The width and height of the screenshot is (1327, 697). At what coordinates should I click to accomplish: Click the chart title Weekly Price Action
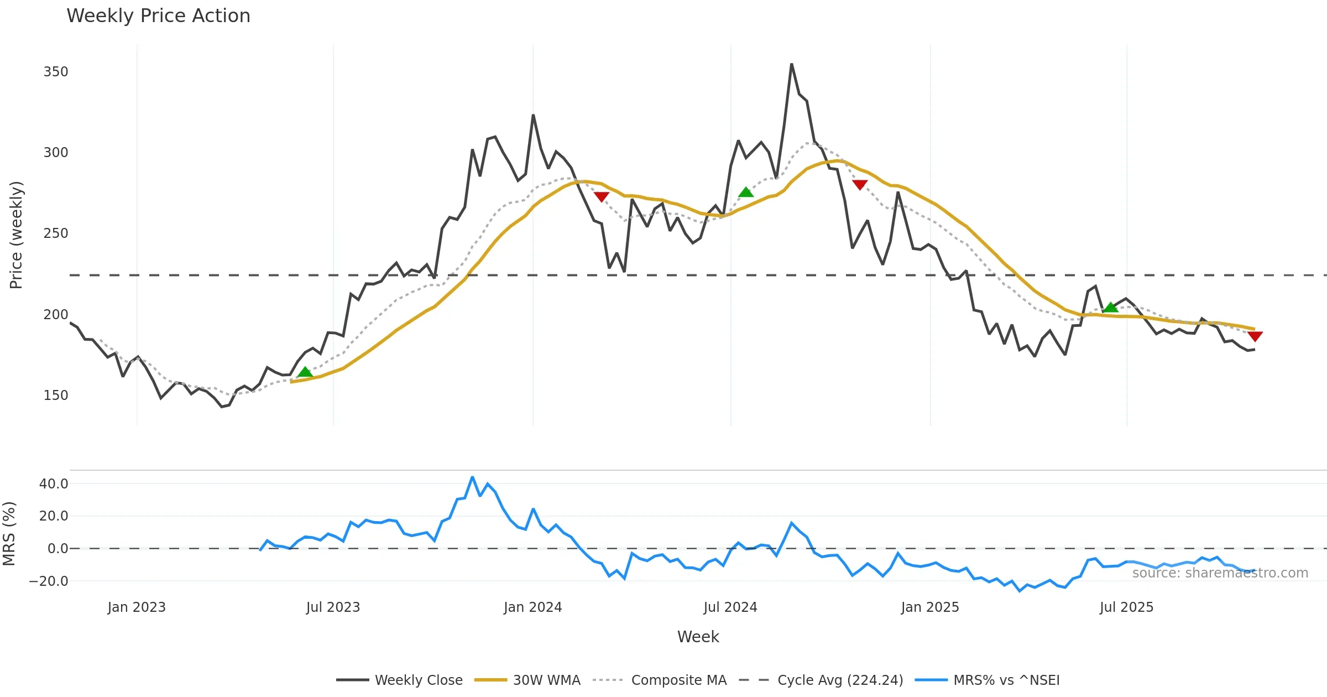[x=158, y=16]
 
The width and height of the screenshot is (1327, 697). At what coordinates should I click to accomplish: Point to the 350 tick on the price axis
[x=56, y=72]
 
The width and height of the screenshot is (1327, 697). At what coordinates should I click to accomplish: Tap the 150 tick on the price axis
[x=56, y=396]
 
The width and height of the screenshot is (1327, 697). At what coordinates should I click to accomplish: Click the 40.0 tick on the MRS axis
[x=54, y=484]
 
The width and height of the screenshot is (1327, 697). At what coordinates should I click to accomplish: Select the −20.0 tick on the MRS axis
[x=49, y=581]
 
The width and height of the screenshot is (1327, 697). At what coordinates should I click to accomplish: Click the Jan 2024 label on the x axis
[x=532, y=607]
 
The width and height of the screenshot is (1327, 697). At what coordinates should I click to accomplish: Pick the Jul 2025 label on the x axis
[x=1126, y=607]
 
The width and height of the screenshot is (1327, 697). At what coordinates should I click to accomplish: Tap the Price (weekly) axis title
[x=16, y=235]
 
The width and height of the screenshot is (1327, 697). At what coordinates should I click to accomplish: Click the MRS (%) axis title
[x=9, y=534]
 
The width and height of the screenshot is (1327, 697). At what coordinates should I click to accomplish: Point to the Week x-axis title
[x=698, y=637]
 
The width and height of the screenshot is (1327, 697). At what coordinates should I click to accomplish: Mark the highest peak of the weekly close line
[x=791, y=64]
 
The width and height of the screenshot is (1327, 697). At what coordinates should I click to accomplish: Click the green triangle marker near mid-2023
[x=305, y=372]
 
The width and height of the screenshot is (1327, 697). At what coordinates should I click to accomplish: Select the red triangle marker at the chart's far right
[x=1255, y=336]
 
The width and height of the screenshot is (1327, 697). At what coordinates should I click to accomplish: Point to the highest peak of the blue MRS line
[x=472, y=477]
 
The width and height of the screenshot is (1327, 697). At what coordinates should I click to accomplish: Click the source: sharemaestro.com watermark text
[x=1220, y=573]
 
